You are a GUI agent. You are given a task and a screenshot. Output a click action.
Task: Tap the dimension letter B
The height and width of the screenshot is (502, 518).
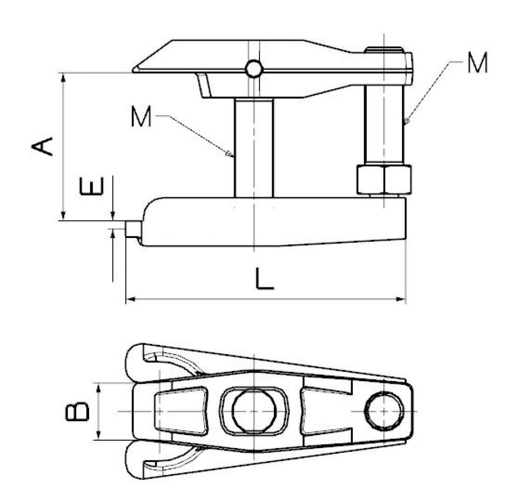[78, 413]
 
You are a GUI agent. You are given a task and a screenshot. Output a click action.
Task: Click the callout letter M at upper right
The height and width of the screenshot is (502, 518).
[476, 63]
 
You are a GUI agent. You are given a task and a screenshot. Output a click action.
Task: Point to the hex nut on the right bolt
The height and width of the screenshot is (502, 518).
[384, 179]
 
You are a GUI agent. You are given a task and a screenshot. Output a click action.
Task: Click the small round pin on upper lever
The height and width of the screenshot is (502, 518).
[254, 68]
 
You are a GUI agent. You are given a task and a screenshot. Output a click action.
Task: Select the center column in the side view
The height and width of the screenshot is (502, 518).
[253, 148]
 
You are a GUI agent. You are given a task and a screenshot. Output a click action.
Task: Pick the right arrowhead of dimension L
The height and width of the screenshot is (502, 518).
[402, 299]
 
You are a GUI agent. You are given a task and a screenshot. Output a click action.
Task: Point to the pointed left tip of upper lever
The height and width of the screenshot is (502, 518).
[136, 69]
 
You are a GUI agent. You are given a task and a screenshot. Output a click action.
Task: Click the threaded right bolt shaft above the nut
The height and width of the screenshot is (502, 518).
[384, 124]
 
